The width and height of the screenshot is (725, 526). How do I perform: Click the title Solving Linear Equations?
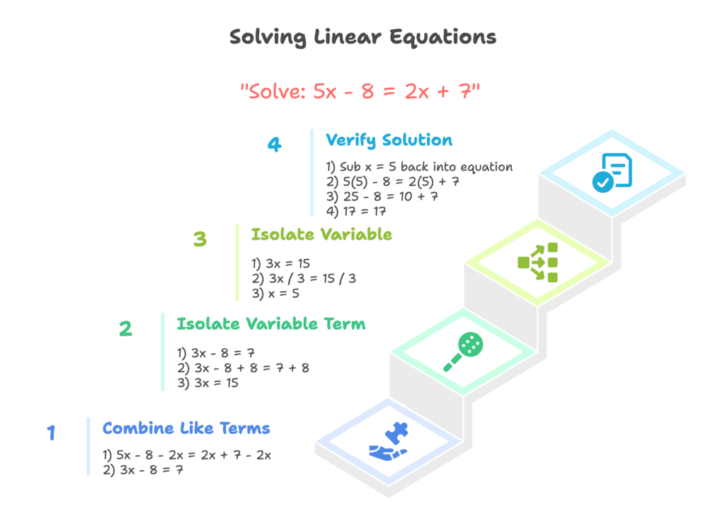(x=362, y=37)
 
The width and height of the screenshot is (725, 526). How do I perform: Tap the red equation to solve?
(x=360, y=91)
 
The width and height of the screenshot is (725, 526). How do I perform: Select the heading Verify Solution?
(x=389, y=140)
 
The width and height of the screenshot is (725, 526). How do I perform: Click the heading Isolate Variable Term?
(x=271, y=324)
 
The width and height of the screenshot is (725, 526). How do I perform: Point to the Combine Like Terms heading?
(x=186, y=428)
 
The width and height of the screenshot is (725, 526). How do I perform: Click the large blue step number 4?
(x=274, y=145)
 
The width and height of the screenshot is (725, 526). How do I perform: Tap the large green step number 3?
(x=200, y=239)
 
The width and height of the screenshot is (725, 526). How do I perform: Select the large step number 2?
(x=125, y=329)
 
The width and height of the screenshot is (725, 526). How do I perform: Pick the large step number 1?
(x=51, y=433)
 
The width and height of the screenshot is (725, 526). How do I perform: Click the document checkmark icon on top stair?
(x=612, y=172)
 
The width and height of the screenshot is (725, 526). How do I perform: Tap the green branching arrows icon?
(x=538, y=262)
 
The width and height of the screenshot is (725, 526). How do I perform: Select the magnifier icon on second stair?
(x=463, y=352)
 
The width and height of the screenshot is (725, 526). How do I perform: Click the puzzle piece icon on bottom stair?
(x=389, y=441)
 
